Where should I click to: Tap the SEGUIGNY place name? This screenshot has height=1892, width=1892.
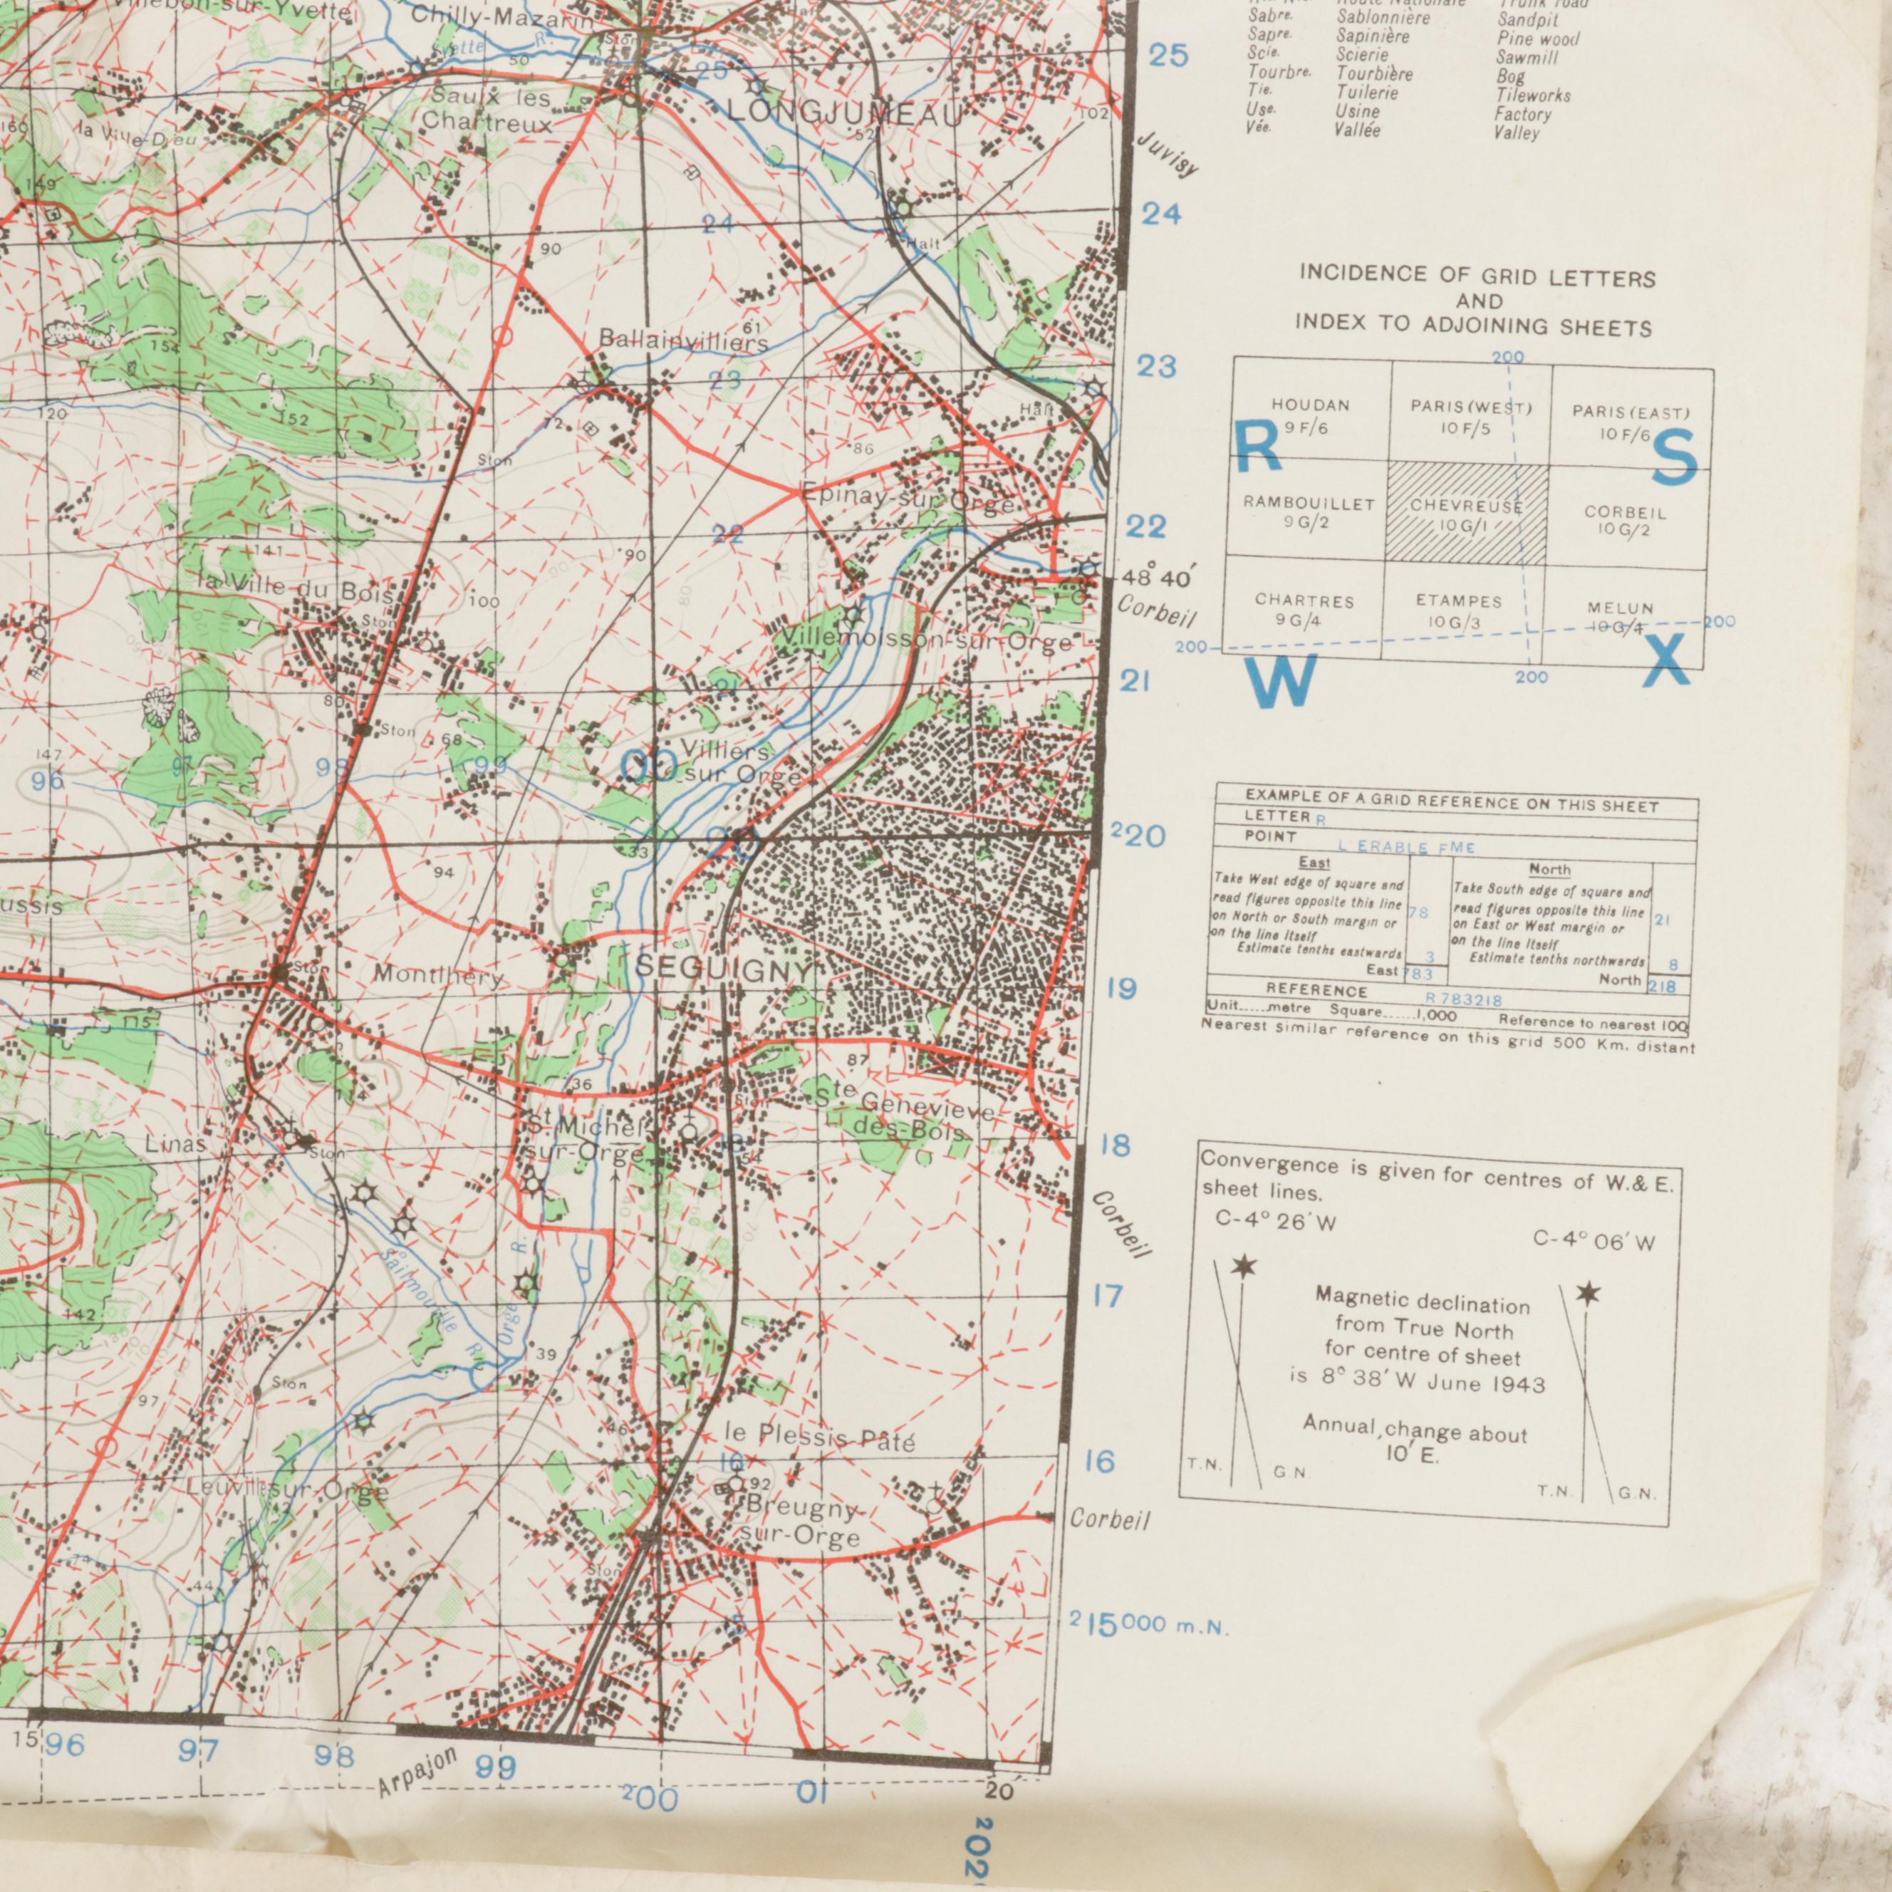(x=724, y=970)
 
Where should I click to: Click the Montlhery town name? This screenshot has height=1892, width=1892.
(x=438, y=977)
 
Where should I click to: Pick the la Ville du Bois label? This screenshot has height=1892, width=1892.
(x=293, y=588)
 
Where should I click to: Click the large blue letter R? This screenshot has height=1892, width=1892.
(x=1257, y=449)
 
